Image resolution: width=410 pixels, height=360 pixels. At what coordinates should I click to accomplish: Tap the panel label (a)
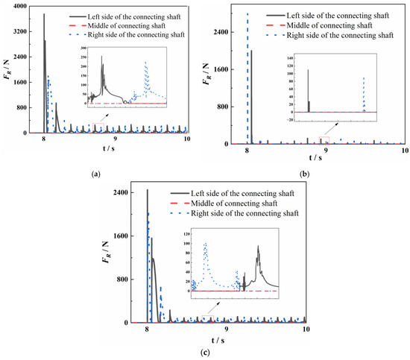[x=95, y=173]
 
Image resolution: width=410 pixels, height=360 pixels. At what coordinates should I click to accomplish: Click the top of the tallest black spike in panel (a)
[x=44, y=14]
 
